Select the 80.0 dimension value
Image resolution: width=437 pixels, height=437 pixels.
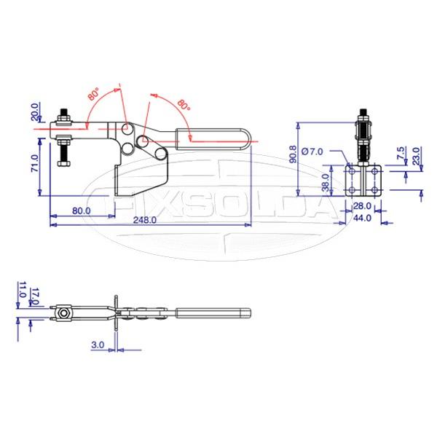pyautogui.click(x=82, y=210)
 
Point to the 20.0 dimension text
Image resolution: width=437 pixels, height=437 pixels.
pyautogui.click(x=34, y=113)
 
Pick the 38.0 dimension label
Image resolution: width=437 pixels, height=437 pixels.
pyautogui.click(x=326, y=180)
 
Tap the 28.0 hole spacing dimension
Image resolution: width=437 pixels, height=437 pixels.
pyautogui.click(x=362, y=207)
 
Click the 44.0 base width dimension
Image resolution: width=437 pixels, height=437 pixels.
pyautogui.click(x=362, y=218)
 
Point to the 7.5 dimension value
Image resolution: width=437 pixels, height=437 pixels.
pyautogui.click(x=401, y=154)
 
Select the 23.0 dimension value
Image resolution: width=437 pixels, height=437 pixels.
pyautogui.click(x=416, y=157)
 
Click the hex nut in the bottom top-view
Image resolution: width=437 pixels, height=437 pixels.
pyautogui.click(x=66, y=315)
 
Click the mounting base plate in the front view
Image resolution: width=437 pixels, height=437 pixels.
pyautogui.click(x=362, y=181)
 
